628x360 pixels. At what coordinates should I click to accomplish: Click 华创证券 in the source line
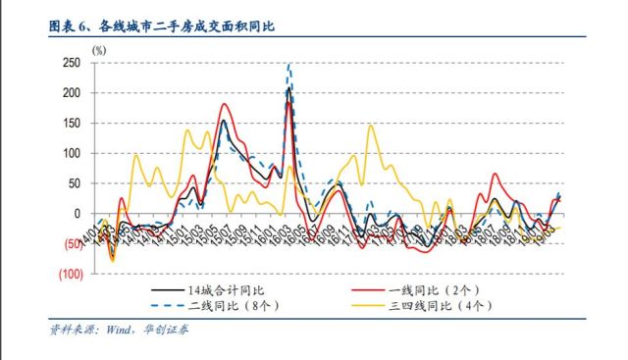[x=171, y=331]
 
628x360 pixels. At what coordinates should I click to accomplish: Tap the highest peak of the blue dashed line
[x=288, y=65]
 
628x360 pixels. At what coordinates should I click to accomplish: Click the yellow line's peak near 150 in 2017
[x=370, y=125]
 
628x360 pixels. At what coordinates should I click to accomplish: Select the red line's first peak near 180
[x=225, y=104]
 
